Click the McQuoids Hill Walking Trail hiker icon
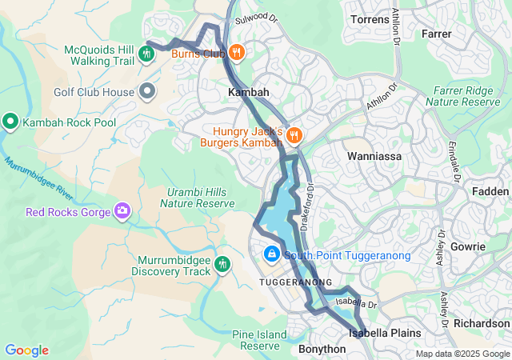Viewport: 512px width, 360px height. [146, 54]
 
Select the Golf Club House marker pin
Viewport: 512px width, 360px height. [146, 92]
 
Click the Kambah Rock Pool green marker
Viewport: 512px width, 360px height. [10, 122]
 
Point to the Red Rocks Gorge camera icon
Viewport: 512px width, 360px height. [122, 212]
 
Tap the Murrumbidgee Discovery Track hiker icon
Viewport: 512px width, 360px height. [222, 263]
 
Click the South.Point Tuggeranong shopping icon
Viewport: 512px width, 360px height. [271, 255]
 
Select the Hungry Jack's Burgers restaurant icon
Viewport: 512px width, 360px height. [294, 135]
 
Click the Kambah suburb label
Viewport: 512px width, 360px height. [249, 93]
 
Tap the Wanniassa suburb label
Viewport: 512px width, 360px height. [373, 156]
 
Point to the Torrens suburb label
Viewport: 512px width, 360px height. [370, 18]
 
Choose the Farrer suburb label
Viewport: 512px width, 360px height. [436, 34]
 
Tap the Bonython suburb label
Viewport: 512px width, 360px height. [322, 350]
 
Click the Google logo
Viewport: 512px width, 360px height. [26, 350]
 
